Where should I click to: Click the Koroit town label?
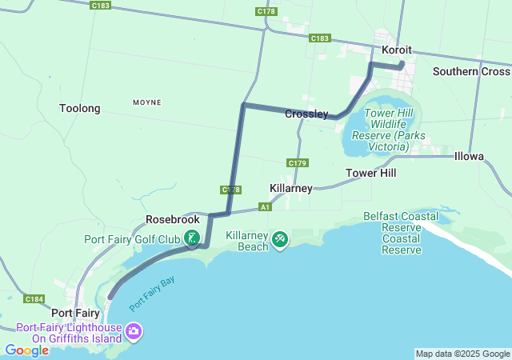[396, 50]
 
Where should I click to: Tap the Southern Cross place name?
[471, 71]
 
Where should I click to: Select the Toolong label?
[80, 108]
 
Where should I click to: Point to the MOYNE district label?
[146, 102]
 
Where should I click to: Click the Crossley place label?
[306, 114]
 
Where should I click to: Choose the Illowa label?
[469, 156]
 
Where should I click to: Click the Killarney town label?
[291, 188]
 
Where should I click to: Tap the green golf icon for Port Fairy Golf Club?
[192, 238]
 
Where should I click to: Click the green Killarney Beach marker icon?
[280, 239]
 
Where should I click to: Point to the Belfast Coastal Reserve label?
[402, 233]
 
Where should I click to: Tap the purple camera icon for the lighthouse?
[134, 330]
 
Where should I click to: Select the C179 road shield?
[297, 163]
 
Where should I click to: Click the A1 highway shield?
[265, 206]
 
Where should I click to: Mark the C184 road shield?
[34, 299]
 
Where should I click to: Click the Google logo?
[26, 350]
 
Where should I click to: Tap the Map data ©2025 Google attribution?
[462, 354]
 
